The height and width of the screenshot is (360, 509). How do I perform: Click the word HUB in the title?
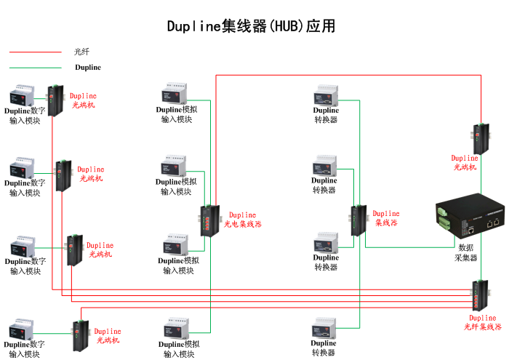click(286, 27)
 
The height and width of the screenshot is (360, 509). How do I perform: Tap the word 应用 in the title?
click(320, 27)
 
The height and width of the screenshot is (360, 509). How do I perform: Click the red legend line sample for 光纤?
click(35, 52)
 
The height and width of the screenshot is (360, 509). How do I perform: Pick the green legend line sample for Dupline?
click(35, 68)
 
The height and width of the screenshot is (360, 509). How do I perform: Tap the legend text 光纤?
click(81, 52)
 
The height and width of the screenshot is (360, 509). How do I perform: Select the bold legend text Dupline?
click(88, 68)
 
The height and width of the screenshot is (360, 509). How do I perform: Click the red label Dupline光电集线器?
click(244, 220)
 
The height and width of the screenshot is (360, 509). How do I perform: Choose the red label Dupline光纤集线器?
click(483, 323)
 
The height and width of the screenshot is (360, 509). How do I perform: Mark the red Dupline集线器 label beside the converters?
click(386, 219)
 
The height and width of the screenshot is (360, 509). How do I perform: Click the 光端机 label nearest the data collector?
click(465, 163)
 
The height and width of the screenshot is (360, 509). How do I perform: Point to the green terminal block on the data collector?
click(444, 215)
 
